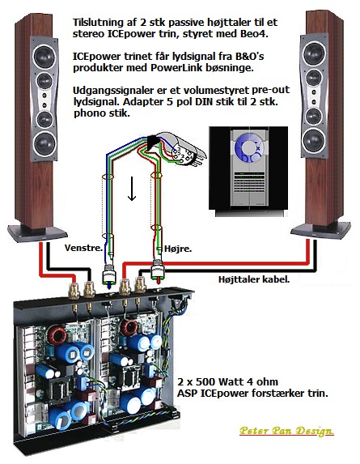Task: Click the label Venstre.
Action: (83, 248)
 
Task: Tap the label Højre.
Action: (178, 249)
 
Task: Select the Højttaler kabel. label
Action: (254, 279)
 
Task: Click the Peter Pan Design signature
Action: (286, 431)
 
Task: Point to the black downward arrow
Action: (132, 189)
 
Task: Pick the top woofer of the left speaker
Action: (44, 56)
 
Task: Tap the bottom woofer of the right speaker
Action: (314, 140)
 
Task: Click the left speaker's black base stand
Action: (37, 233)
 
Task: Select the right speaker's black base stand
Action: (320, 230)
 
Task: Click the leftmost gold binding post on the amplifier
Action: (74, 291)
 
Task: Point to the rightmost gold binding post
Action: (140, 285)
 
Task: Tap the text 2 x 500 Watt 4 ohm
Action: (227, 381)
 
